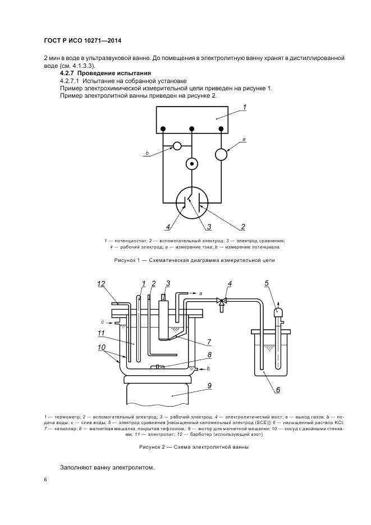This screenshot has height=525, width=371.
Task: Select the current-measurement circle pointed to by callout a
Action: tap(223, 153)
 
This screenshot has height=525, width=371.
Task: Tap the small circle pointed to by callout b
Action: tap(177, 146)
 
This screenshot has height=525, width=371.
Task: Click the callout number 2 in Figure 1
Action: tap(242, 227)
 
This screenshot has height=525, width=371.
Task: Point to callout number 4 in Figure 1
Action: tap(167, 227)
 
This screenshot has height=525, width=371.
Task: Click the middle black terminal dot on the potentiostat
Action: tap(192, 129)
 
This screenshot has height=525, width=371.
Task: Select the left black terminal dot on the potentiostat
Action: tap(163, 129)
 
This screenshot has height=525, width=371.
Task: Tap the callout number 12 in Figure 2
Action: tap(101, 285)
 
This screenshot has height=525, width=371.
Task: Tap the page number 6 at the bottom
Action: tap(45, 480)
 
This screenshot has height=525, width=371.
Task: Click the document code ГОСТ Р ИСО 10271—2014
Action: tap(83, 42)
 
